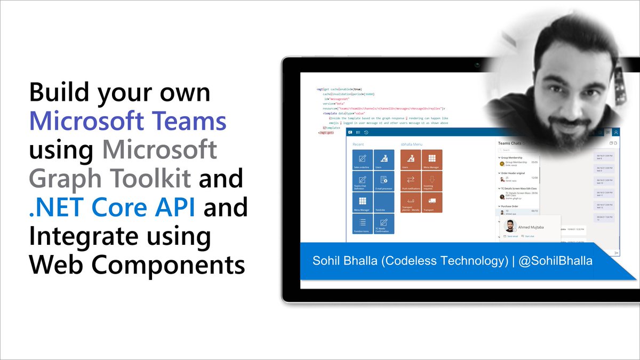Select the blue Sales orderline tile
pos(363,160)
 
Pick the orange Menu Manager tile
pos(432,160)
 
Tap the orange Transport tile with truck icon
pos(432,203)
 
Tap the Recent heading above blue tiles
pos(358,144)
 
